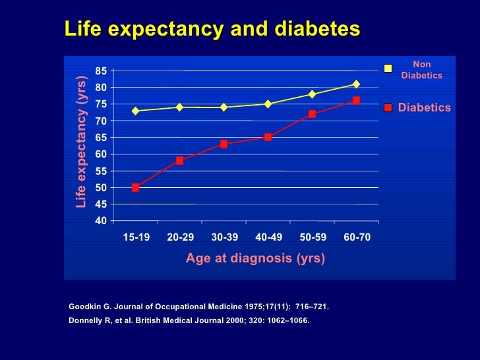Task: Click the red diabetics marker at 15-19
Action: [x=135, y=187]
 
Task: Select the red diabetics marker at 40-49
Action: [x=268, y=137]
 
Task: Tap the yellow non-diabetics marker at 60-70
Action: [x=356, y=84]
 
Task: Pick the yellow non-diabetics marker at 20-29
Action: [x=179, y=107]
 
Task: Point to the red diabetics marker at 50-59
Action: [x=312, y=114]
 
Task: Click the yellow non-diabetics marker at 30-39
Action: [x=224, y=107]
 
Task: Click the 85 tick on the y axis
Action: [x=102, y=71]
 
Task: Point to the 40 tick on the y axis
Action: [x=102, y=221]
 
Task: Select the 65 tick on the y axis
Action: [x=102, y=137]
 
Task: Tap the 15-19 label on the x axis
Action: [x=136, y=237]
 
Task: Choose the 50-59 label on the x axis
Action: [x=313, y=237]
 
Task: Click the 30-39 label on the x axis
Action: [x=224, y=237]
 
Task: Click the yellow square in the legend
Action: [x=389, y=68]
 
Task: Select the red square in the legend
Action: [x=389, y=107]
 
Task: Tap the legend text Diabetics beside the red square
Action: [x=424, y=107]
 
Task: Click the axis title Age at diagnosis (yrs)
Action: [x=255, y=258]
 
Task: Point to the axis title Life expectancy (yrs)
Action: [x=81, y=140]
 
